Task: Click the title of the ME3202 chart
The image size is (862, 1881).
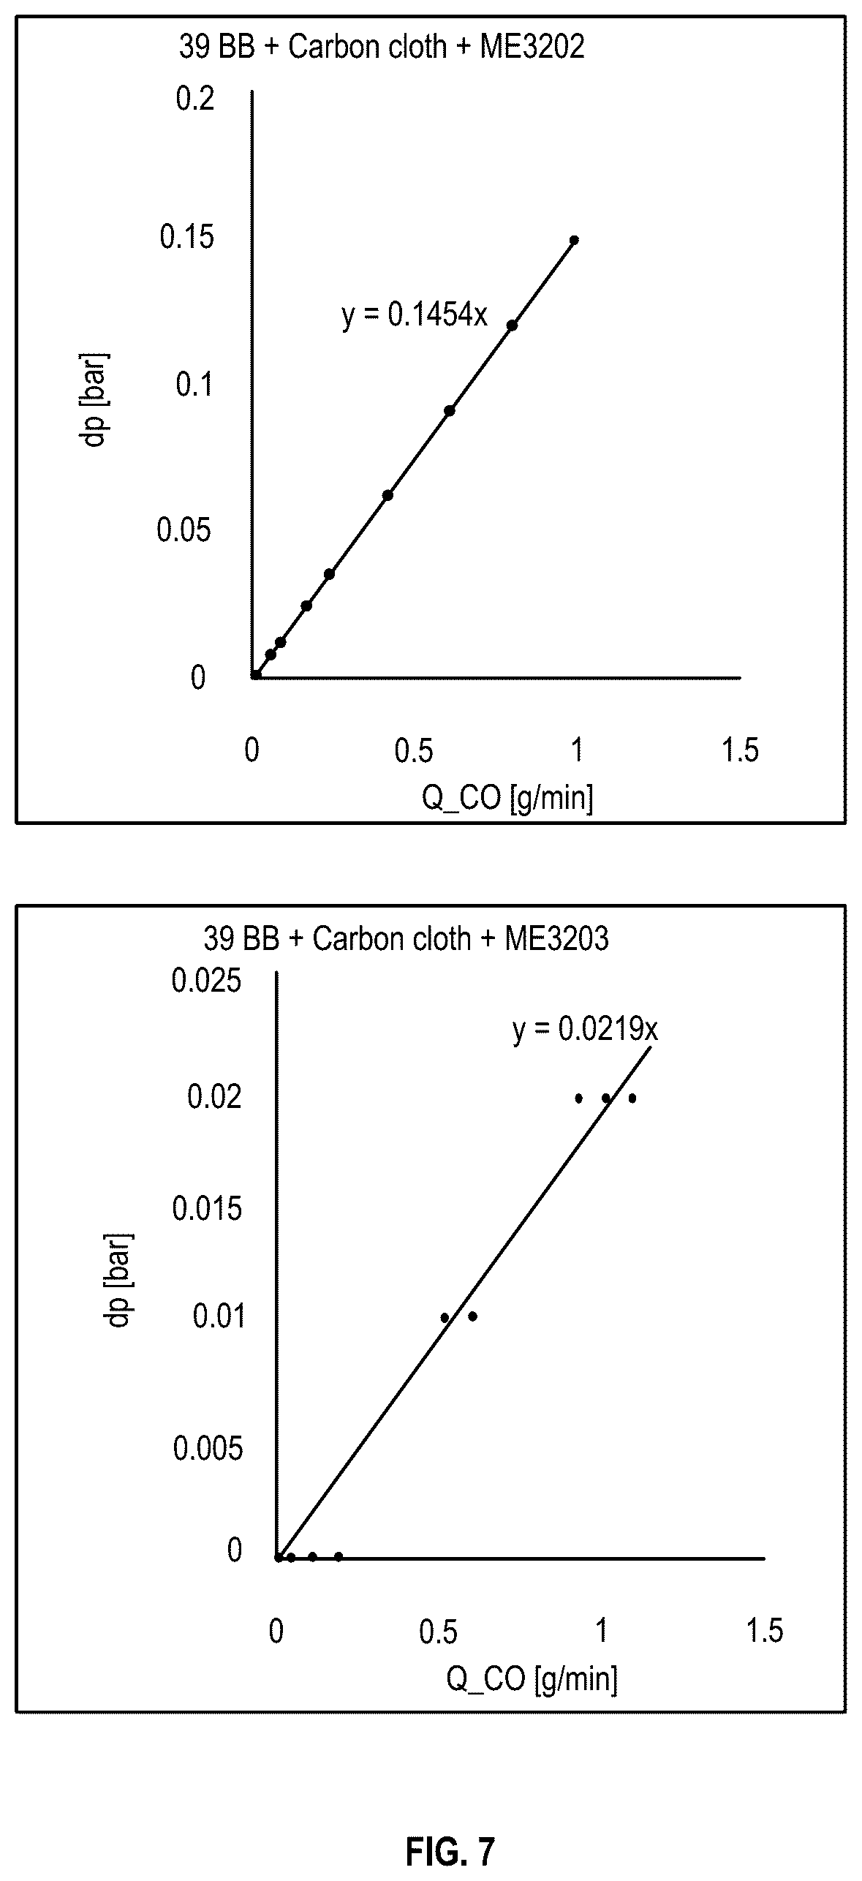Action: (382, 48)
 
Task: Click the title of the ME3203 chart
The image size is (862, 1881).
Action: (406, 939)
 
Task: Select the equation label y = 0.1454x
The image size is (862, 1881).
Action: (415, 316)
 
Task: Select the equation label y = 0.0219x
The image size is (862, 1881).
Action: (586, 1030)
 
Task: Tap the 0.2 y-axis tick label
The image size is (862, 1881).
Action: (195, 98)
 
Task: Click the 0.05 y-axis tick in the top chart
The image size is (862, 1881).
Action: (184, 530)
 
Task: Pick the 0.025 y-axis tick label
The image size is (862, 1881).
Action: (206, 981)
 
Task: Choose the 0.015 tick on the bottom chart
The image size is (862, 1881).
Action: (206, 1209)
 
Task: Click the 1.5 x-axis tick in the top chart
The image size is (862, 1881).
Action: (741, 751)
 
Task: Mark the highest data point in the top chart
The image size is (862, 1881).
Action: (574, 240)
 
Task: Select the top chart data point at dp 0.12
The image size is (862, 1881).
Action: (512, 325)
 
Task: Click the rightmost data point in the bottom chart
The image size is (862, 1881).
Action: (632, 1098)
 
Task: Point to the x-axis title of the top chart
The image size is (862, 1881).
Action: (507, 798)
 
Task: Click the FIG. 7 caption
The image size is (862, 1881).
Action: (450, 1847)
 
